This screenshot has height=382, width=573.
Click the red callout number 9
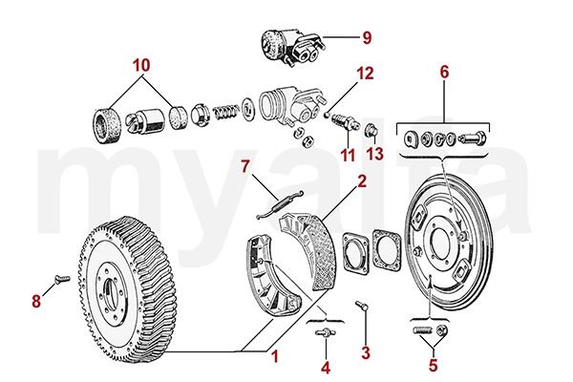(365, 39)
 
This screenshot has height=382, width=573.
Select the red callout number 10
(141, 66)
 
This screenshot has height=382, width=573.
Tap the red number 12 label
(366, 73)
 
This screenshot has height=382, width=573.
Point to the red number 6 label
(443, 72)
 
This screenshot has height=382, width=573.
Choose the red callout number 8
(37, 302)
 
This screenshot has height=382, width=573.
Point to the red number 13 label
(374, 153)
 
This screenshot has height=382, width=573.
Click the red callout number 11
(346, 153)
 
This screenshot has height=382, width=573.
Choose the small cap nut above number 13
(373, 130)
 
